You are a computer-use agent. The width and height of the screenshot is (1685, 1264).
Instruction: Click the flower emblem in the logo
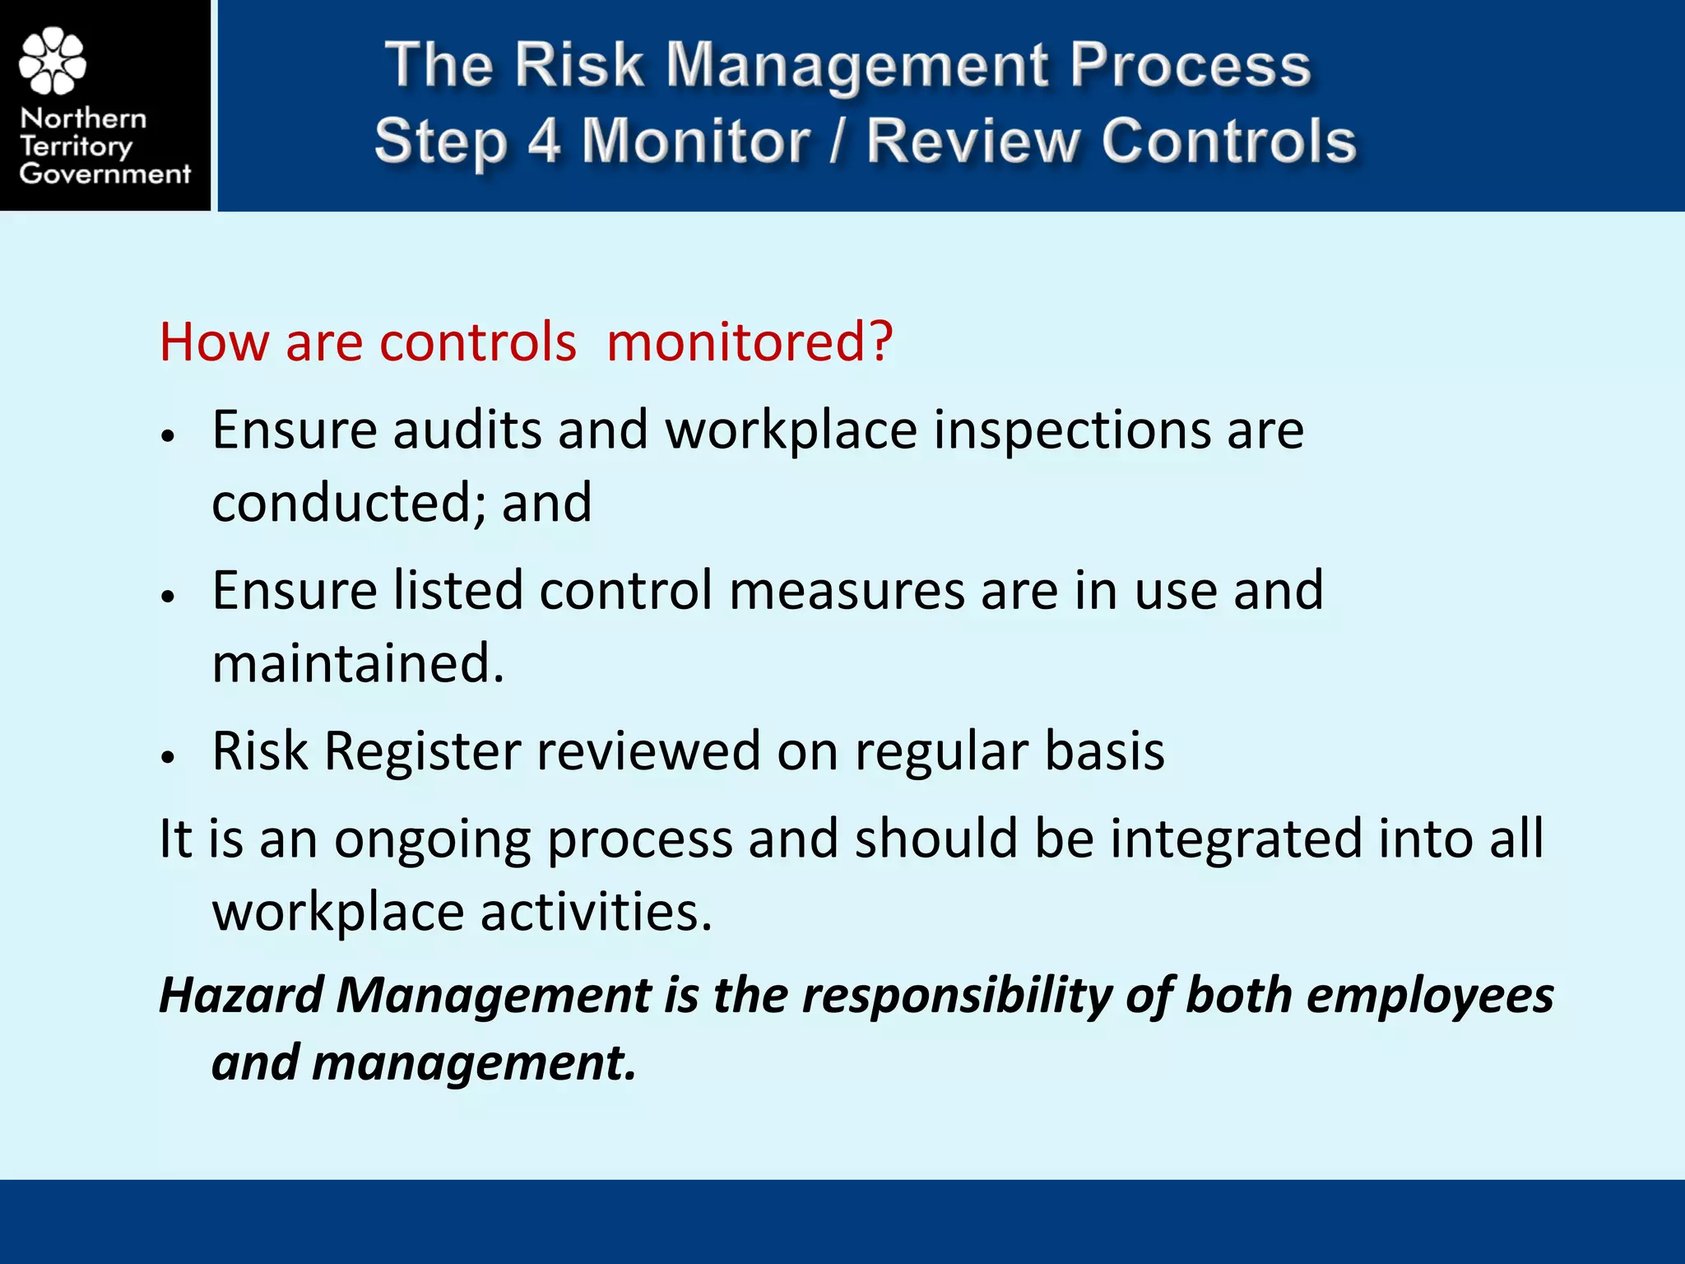(53, 61)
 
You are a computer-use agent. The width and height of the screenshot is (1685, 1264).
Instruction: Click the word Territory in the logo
(76, 146)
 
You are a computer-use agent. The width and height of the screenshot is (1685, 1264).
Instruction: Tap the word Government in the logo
(104, 174)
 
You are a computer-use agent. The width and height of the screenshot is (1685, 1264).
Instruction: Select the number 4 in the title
(544, 140)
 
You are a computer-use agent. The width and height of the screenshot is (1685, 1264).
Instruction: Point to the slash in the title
(838, 140)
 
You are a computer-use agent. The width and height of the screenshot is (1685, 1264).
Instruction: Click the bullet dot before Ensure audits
(169, 436)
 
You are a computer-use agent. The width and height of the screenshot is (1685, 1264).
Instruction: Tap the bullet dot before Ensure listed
(169, 597)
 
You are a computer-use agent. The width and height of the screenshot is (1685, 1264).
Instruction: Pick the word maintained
(357, 663)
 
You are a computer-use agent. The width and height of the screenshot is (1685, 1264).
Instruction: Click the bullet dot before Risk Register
(169, 757)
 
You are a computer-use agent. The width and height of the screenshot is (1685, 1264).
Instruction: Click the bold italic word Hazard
(241, 994)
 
